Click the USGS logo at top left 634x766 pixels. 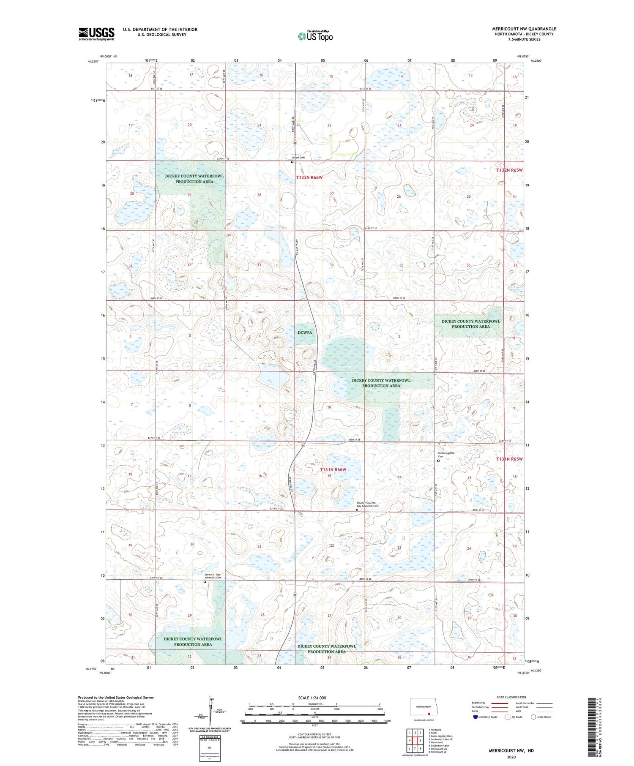(x=96, y=34)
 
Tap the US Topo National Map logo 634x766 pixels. (x=315, y=36)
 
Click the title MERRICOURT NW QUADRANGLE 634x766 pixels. (x=524, y=29)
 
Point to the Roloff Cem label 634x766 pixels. (x=299, y=158)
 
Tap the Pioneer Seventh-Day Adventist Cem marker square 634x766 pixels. (x=357, y=510)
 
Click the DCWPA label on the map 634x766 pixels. (x=305, y=333)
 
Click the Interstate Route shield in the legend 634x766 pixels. (x=475, y=717)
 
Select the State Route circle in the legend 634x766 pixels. (x=533, y=717)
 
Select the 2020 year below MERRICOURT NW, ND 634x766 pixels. (x=511, y=757)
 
